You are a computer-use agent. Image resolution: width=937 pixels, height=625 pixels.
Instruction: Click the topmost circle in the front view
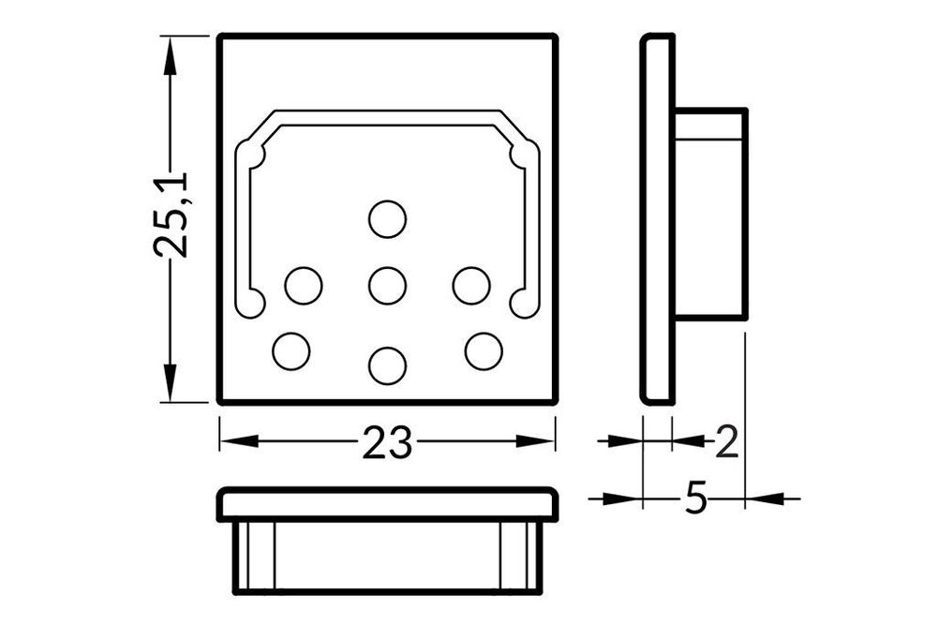(387, 219)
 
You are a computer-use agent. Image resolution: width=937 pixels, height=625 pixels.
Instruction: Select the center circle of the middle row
(387, 285)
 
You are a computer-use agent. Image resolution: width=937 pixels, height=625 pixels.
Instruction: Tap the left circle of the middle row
(304, 285)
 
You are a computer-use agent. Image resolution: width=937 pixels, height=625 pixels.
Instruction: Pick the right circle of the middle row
(471, 285)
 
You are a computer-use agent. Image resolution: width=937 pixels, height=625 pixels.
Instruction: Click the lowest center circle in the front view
(387, 365)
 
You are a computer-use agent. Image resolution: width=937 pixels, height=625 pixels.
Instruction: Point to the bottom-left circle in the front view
(291, 350)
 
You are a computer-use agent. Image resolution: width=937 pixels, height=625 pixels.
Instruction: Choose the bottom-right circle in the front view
(483, 350)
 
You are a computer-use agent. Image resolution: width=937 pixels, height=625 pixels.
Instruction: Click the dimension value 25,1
(172, 215)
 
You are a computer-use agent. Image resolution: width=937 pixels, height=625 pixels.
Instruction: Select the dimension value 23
(387, 442)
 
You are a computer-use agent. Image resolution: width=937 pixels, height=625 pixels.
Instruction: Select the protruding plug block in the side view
(711, 215)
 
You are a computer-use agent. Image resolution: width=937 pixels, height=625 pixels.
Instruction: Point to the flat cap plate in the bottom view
(387, 503)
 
